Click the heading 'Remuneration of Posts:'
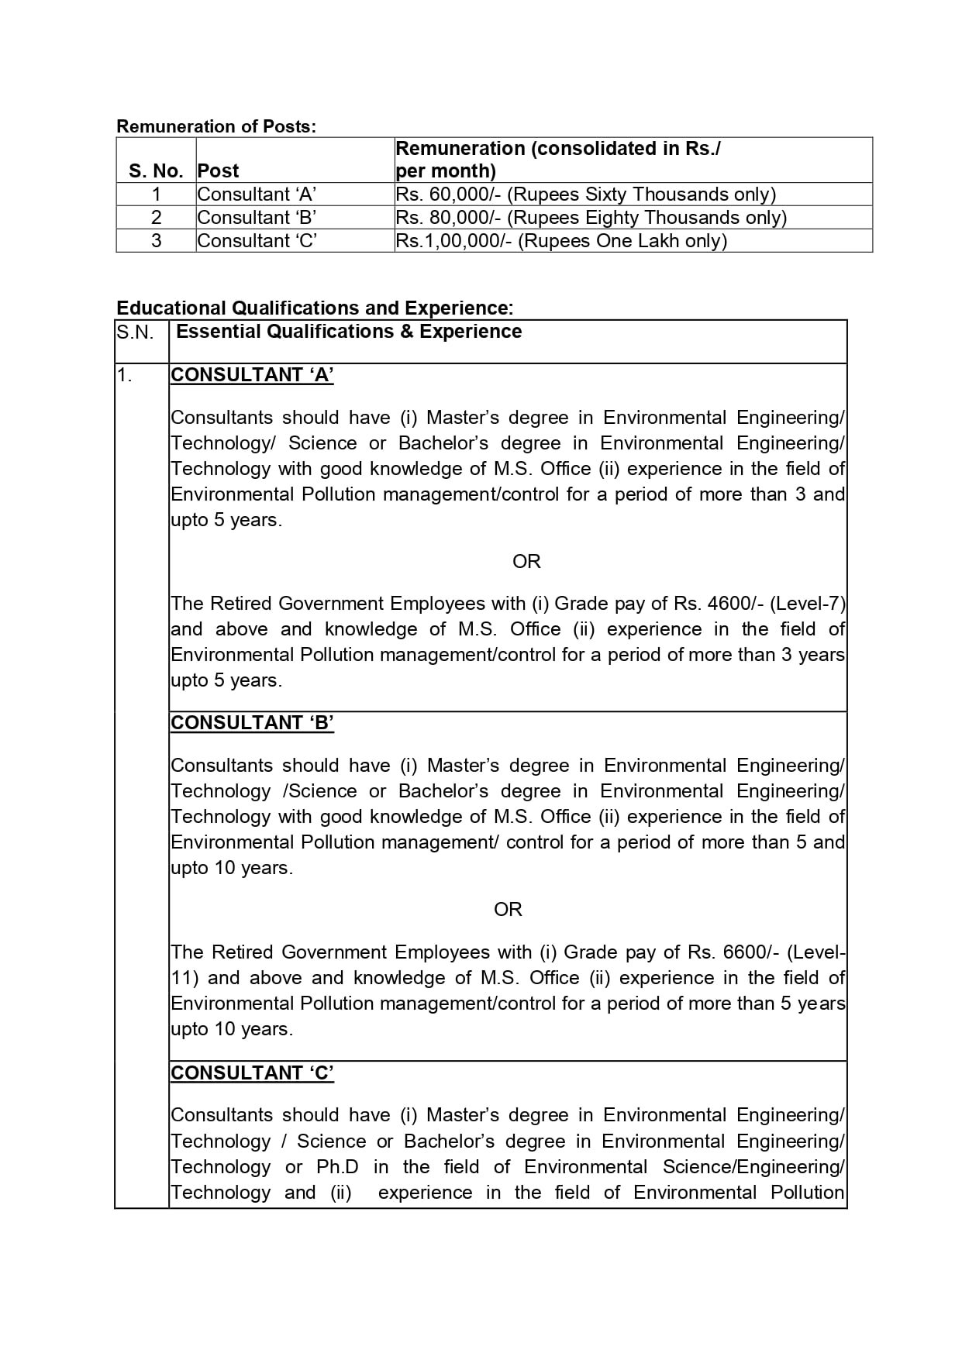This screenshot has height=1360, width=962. tap(216, 126)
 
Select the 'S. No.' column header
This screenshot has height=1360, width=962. tap(156, 170)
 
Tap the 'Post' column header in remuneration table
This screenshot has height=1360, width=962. tap(218, 170)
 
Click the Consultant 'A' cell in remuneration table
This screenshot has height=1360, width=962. tap(257, 195)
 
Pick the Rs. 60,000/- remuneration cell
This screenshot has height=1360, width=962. tap(585, 195)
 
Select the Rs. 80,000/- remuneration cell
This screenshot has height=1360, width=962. tap(591, 218)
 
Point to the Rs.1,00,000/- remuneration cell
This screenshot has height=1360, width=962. tap(561, 241)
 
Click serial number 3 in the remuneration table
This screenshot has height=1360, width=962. tap(156, 241)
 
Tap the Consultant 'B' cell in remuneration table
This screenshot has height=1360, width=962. tap(257, 218)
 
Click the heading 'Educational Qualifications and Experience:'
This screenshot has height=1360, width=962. tap(315, 308)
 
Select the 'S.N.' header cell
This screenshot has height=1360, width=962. tap(136, 332)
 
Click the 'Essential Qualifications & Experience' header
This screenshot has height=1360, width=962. tap(349, 332)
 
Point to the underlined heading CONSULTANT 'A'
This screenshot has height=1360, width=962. tap(252, 375)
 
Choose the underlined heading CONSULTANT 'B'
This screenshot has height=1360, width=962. tap(252, 723)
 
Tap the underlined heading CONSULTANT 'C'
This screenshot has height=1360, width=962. tap(252, 1073)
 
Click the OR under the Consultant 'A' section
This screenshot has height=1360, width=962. tap(526, 562)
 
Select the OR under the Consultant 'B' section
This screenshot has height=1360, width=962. tap(508, 910)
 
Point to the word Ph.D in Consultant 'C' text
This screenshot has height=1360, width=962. tap(337, 1167)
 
